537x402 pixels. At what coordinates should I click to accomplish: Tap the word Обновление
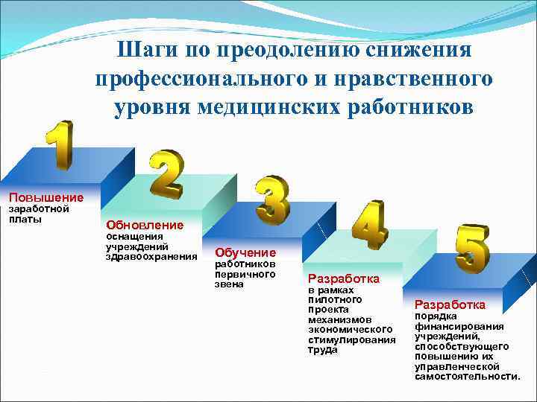(145, 224)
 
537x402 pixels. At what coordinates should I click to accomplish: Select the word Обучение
(245, 252)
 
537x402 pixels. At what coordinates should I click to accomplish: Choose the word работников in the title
(417, 106)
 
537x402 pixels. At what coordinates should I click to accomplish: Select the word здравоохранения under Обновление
(151, 257)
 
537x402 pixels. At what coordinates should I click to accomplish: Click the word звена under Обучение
(229, 285)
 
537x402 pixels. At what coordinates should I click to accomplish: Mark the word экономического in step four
(350, 329)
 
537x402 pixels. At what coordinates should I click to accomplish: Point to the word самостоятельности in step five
(467, 377)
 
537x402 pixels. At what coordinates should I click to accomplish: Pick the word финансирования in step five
(459, 326)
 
